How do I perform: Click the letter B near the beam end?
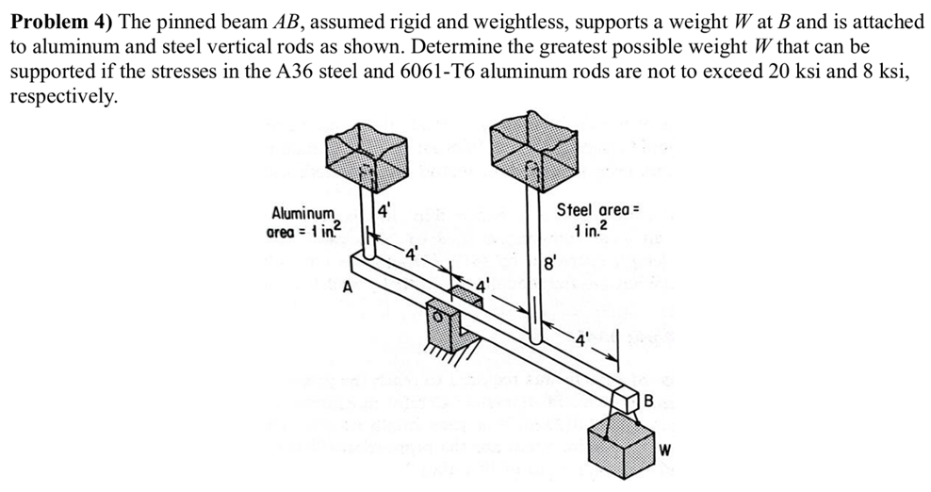(x=646, y=402)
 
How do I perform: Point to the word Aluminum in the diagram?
(x=302, y=213)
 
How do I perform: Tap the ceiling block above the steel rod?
(x=533, y=152)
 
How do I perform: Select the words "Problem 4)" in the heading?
(x=57, y=23)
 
